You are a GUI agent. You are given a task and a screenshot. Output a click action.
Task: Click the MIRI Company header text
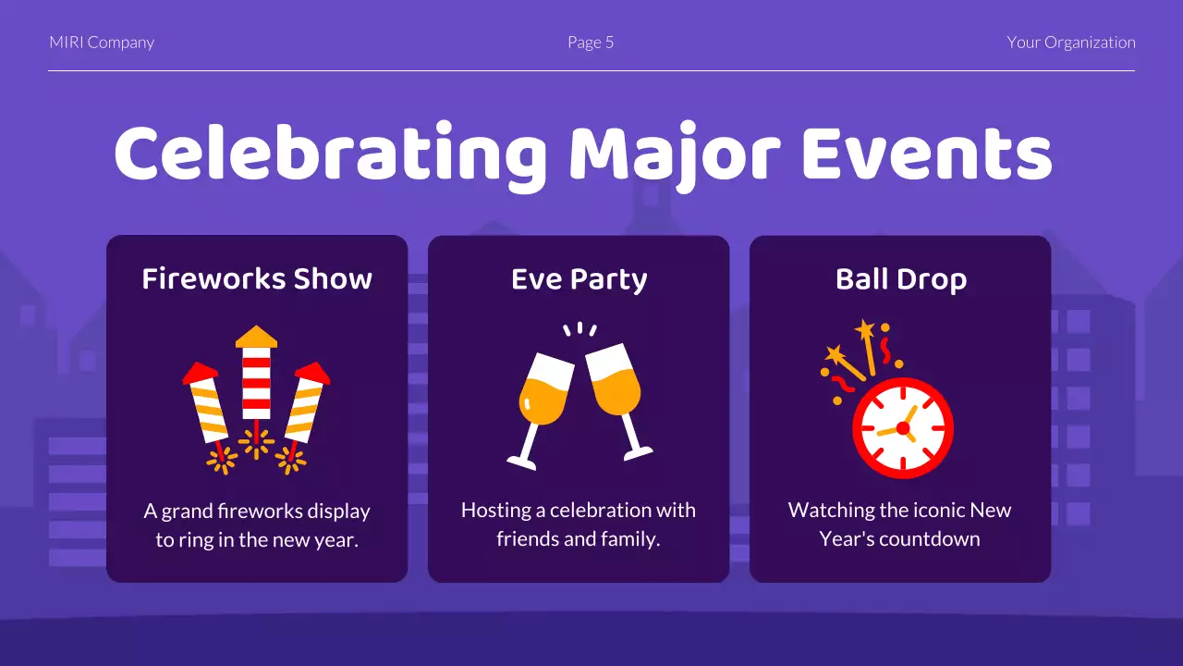[102, 43]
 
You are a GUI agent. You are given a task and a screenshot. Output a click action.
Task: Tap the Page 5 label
[591, 43]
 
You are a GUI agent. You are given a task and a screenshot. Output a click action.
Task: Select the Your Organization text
[1071, 43]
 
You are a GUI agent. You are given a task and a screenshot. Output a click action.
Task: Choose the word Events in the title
[926, 154]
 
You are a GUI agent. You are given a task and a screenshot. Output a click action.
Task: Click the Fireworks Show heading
[257, 279]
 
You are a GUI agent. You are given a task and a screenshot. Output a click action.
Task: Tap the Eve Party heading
[579, 279]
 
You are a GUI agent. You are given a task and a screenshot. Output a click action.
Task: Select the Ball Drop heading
[900, 279]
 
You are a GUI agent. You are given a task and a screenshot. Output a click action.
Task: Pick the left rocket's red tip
[200, 373]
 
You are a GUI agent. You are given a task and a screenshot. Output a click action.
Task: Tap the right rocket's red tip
[313, 373]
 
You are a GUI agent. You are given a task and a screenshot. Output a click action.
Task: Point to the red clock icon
[903, 427]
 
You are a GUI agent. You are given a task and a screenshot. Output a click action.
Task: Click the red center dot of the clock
[903, 428]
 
